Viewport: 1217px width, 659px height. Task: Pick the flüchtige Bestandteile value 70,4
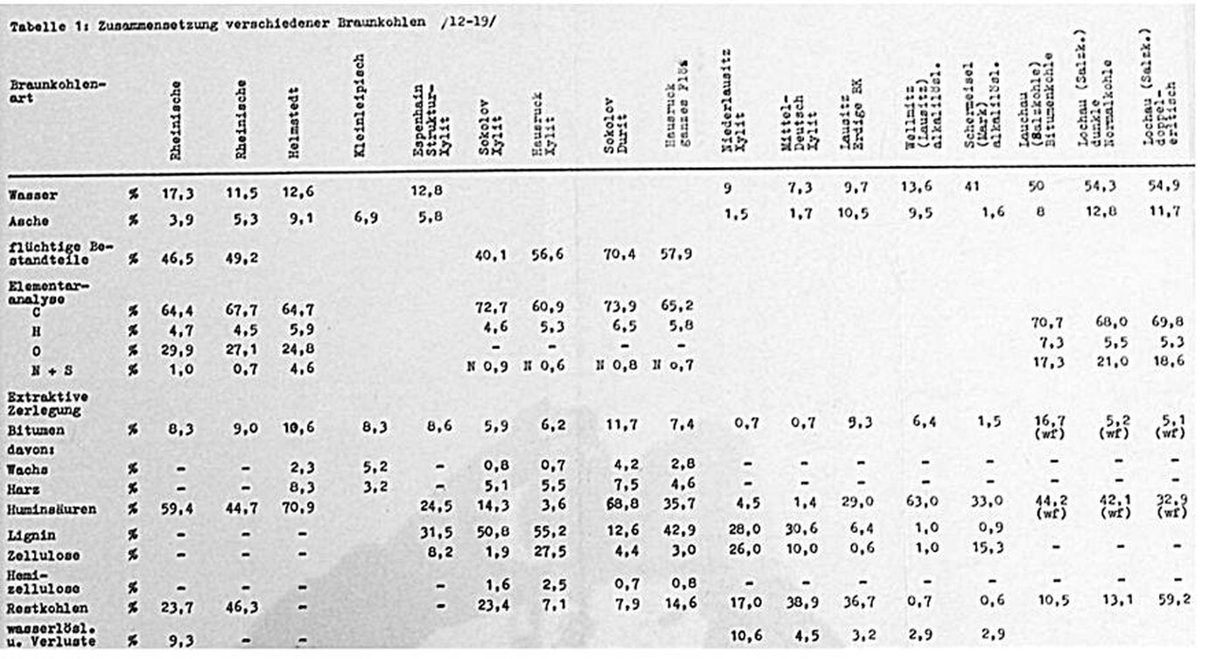pos(618,258)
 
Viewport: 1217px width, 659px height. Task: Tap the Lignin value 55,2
pos(549,531)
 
